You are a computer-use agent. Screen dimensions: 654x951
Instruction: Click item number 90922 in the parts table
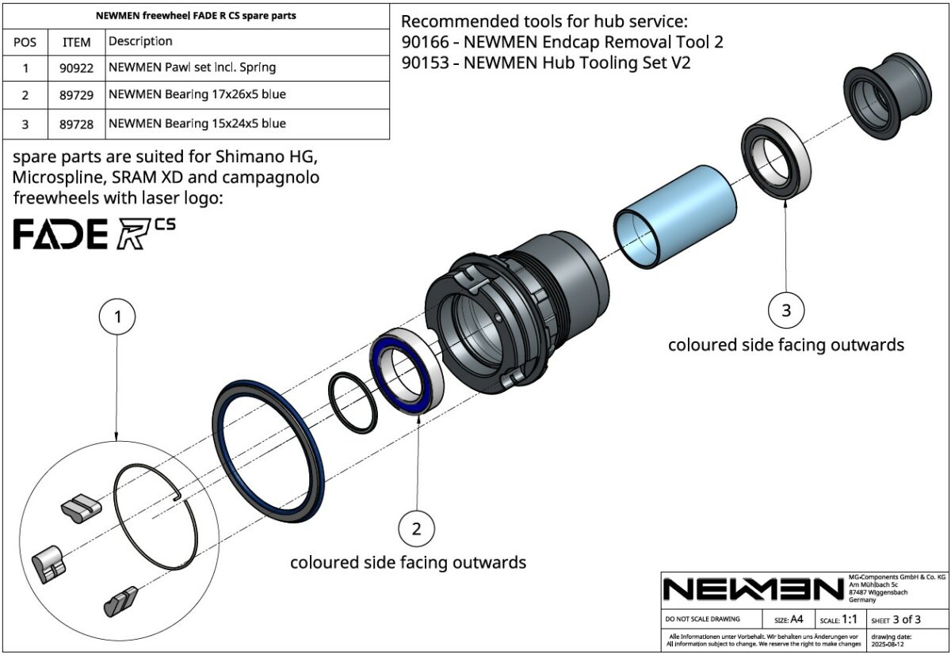pyautogui.click(x=76, y=68)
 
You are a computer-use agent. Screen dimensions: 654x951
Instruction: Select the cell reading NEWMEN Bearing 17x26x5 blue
pyautogui.click(x=197, y=95)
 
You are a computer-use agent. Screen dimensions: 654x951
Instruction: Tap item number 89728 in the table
pyautogui.click(x=76, y=124)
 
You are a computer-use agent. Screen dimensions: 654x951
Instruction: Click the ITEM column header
pyautogui.click(x=76, y=41)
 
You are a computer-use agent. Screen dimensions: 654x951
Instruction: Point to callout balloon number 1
pyautogui.click(x=117, y=317)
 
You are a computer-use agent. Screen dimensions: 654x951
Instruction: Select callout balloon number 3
pyautogui.click(x=785, y=310)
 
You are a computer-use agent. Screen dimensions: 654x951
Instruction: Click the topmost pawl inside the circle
pyautogui.click(x=81, y=506)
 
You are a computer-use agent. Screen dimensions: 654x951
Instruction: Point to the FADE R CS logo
pyautogui.click(x=94, y=234)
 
